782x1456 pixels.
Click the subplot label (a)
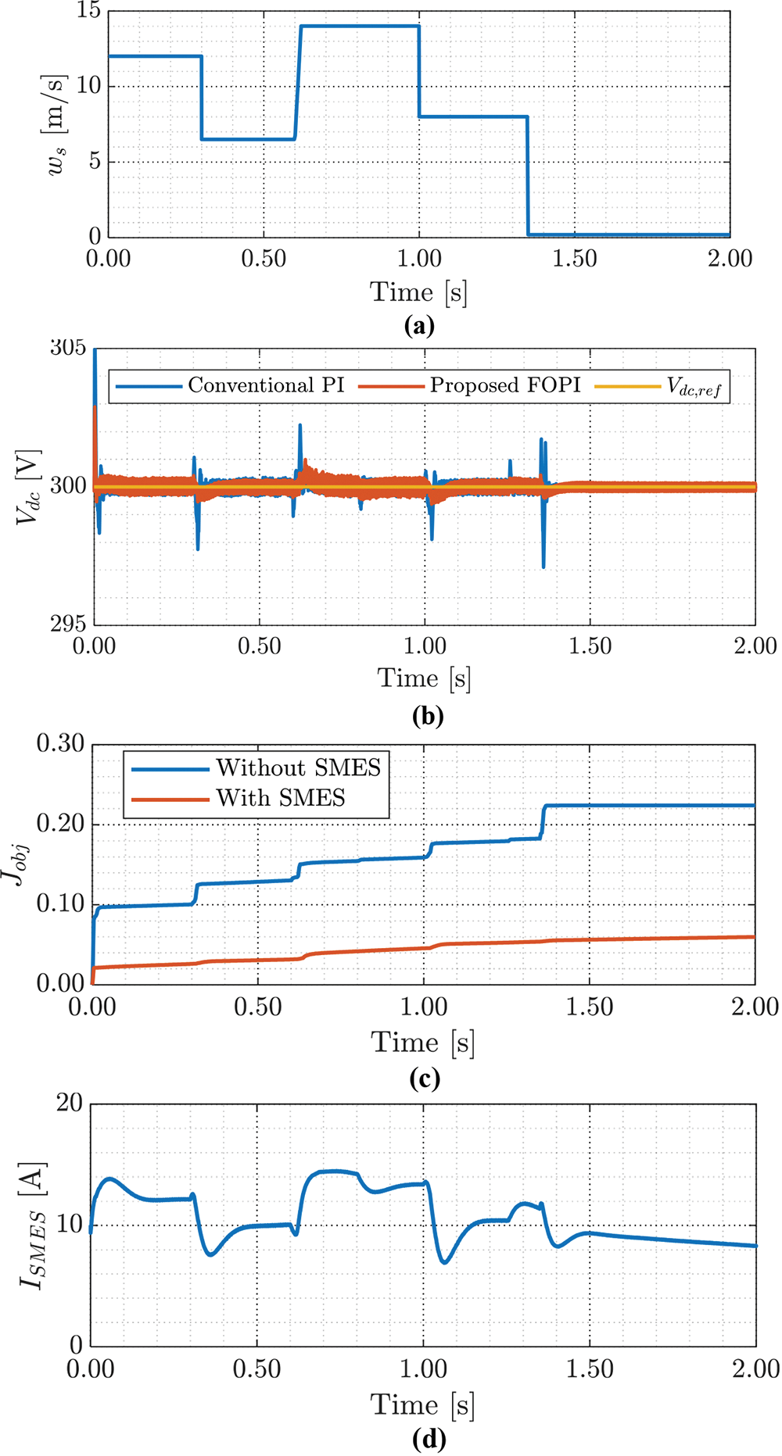coord(419,325)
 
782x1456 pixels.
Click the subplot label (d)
coord(427,1438)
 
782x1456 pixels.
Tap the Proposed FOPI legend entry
coord(505,385)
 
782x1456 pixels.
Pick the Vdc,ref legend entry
coord(693,386)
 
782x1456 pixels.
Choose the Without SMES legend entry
coord(298,768)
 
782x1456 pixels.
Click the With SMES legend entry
coord(281,798)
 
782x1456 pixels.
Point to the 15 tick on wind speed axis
coord(88,11)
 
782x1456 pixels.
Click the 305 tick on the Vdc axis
coord(68,348)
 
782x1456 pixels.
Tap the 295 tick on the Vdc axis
coord(68,624)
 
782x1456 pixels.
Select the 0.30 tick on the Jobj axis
coord(60,743)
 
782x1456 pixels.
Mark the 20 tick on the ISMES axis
coord(69,1103)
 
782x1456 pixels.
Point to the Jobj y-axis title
coord(17,863)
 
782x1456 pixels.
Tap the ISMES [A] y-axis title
coord(31,1225)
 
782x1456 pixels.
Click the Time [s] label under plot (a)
coord(418,292)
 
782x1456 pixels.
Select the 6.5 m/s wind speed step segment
coord(248,139)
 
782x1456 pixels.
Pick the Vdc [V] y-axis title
coord(28,485)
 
